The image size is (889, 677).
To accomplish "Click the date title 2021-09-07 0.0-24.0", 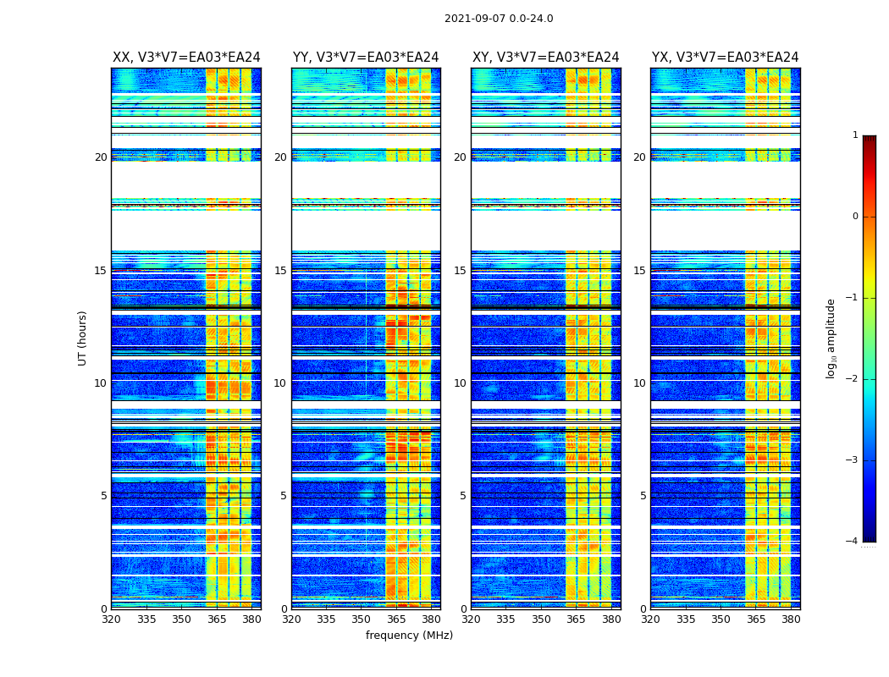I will (499, 19).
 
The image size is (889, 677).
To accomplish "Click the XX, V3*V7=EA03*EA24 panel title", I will (186, 58).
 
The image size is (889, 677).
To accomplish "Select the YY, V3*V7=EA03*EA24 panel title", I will (366, 58).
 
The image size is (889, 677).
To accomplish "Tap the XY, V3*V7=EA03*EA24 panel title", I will (545, 58).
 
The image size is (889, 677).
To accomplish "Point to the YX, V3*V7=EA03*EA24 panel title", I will (725, 58).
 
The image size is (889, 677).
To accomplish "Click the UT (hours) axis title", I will (83, 338).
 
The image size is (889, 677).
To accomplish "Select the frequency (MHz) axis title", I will (409, 636).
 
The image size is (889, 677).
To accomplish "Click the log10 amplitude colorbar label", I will (831, 338).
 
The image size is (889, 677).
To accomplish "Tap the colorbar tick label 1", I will (855, 135).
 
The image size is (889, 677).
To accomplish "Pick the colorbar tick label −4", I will (853, 542).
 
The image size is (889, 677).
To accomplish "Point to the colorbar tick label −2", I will (853, 379).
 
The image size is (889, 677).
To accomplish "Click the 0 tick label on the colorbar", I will (855, 217).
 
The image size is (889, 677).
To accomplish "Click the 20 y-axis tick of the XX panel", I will (101, 157).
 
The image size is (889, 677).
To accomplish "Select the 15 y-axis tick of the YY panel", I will (280, 271).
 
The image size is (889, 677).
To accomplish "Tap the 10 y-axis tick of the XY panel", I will (460, 383).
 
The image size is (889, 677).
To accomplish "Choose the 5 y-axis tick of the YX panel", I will (643, 496).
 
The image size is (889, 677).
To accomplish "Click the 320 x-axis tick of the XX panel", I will (112, 619).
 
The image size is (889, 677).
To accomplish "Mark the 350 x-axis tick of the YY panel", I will (362, 619).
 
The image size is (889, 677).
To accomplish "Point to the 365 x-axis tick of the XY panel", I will (576, 619).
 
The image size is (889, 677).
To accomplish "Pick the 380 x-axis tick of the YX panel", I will (791, 619).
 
